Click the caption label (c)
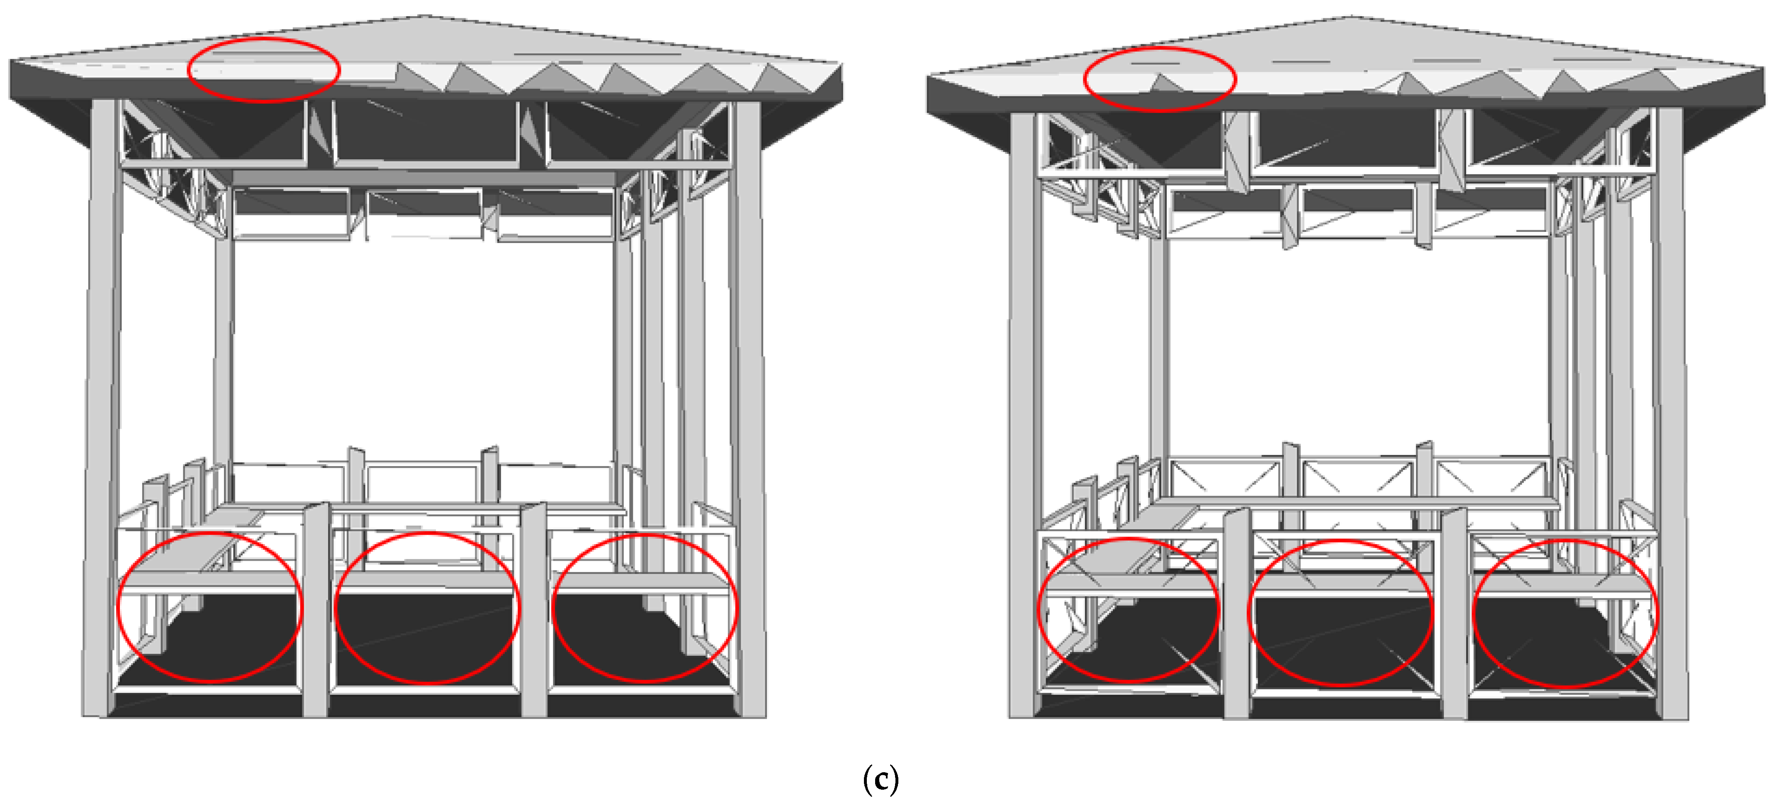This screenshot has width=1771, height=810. click(x=880, y=779)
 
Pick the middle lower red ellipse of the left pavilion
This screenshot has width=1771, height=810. click(x=427, y=608)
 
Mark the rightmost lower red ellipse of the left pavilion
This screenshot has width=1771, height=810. click(x=645, y=608)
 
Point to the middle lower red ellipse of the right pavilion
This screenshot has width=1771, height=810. click(x=1340, y=613)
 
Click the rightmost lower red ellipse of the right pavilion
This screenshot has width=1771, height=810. click(x=1565, y=613)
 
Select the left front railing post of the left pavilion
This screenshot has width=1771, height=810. click(x=316, y=612)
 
